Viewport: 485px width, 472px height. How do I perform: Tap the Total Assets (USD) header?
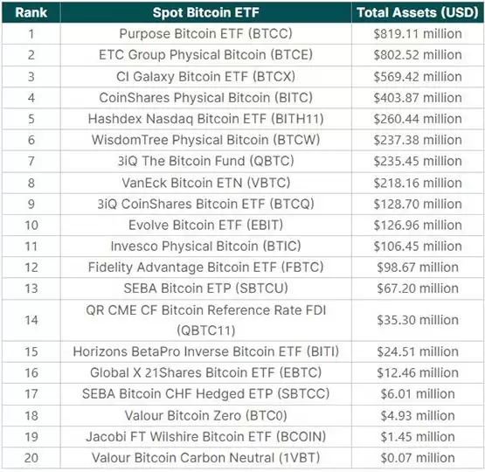417,12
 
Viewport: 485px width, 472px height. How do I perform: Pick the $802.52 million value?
417,55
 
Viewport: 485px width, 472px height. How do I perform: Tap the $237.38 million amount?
417,140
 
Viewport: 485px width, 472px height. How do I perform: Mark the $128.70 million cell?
417,203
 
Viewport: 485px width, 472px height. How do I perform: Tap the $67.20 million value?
417,288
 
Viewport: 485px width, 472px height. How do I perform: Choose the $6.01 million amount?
417,394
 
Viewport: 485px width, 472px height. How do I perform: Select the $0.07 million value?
417,457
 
